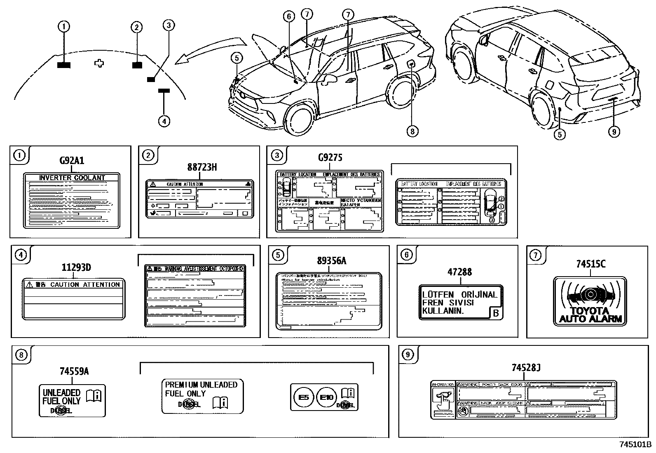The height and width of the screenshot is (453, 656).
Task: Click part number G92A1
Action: pos(72,161)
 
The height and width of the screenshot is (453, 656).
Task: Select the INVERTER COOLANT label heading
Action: pos(72,178)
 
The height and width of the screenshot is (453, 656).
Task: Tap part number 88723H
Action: pos(202,167)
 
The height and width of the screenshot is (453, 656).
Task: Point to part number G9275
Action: pos(330,157)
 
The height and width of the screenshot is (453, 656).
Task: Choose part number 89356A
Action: pos(331,261)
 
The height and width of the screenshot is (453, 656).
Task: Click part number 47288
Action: pos(460,272)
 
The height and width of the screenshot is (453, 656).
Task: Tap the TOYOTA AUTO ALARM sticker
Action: pos(589,301)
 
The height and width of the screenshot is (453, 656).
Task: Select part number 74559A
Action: pos(75,371)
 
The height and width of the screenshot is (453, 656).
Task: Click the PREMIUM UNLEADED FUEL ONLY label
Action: pos(202,396)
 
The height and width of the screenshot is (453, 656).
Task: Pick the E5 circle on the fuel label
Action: pos(303,397)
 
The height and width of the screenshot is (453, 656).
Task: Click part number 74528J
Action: pos(526,367)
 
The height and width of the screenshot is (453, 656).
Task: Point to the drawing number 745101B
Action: pos(635,445)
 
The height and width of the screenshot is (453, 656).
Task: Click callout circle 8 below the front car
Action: pos(412,131)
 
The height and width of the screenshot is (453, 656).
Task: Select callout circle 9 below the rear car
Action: pos(614,131)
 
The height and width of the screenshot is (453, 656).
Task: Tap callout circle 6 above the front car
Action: pos(289,16)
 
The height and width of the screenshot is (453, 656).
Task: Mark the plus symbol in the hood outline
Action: pos(99,63)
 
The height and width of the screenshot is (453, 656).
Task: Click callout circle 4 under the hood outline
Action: pos(164,121)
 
